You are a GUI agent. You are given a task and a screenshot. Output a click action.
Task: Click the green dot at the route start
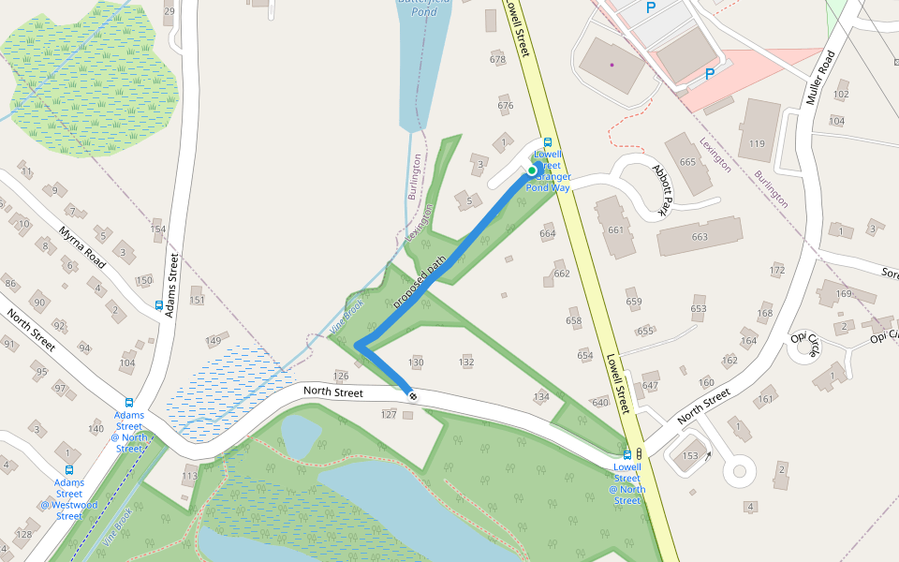(532, 170)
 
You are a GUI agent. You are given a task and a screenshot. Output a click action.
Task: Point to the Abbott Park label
(663, 188)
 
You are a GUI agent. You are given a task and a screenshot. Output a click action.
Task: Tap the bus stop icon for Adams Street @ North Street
(129, 403)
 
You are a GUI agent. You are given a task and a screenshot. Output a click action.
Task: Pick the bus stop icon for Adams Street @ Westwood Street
(68, 470)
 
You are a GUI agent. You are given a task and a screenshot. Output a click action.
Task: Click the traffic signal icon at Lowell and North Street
(639, 453)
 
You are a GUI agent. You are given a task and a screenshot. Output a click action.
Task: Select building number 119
(758, 143)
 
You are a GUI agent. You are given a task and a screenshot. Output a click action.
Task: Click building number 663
(700, 237)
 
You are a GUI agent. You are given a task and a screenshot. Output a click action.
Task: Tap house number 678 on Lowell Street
(497, 59)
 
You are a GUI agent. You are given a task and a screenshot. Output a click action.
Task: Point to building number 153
(690, 455)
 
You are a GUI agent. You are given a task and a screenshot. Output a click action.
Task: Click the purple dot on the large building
(612, 65)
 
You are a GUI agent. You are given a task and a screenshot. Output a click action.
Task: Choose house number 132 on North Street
(466, 362)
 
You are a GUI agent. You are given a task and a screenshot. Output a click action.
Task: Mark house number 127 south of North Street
(390, 413)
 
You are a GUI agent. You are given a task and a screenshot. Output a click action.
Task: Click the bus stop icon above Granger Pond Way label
(548, 141)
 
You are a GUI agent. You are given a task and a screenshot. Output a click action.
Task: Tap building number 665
(688, 162)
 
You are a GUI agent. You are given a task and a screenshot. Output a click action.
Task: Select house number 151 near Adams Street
(197, 300)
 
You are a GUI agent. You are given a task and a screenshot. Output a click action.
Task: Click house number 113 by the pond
(190, 476)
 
